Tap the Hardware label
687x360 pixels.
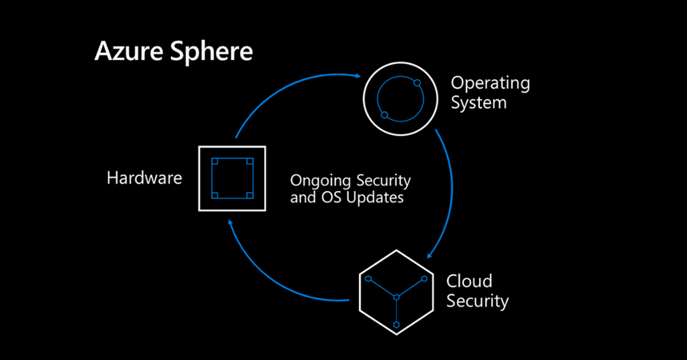pyautogui.click(x=144, y=178)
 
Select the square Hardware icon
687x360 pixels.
pyautogui.click(x=232, y=178)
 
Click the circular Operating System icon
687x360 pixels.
pyautogui.click(x=400, y=100)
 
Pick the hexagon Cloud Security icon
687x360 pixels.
pyautogui.click(x=396, y=292)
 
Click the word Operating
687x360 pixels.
pyautogui.click(x=490, y=84)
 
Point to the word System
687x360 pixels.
pyautogui.click(x=478, y=103)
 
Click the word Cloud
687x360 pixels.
pyautogui.click(x=469, y=281)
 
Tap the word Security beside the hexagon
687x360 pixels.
pyautogui.click(x=477, y=301)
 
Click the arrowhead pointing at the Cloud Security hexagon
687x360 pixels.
pyautogui.click(x=430, y=254)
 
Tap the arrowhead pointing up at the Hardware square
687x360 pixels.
pyautogui.click(x=231, y=224)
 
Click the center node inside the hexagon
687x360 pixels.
pyautogui.click(x=396, y=297)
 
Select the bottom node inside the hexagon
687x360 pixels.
pyautogui.click(x=396, y=325)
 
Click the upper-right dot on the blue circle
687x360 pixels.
pyautogui.click(x=417, y=83)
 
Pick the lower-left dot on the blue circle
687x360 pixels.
pyautogui.click(x=384, y=116)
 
